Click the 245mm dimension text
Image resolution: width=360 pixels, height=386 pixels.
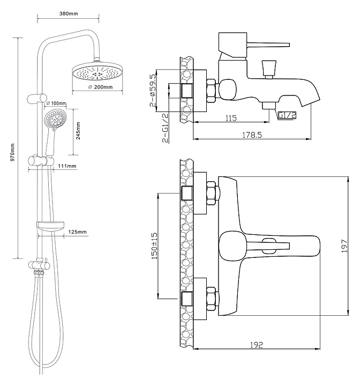[78, 131]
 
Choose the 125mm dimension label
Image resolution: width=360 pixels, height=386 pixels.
[78, 232]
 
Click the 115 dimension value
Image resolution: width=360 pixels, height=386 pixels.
[231, 118]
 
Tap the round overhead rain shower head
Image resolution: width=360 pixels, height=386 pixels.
[97, 72]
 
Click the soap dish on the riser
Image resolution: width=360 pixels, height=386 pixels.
[50, 226]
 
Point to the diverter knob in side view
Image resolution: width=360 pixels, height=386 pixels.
[268, 69]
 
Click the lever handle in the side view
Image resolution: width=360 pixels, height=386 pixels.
[268, 42]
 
